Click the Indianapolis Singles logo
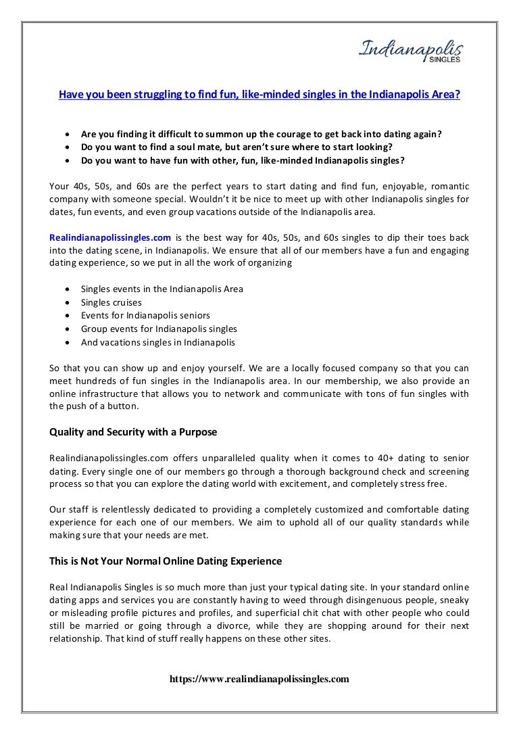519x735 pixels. (x=411, y=51)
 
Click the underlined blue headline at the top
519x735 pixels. (x=259, y=95)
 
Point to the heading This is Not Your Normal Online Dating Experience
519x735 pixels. (x=166, y=561)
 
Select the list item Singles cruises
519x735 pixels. (x=111, y=302)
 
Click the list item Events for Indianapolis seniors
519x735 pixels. (x=145, y=315)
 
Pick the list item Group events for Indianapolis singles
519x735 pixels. (x=159, y=329)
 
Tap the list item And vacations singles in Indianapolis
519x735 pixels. (x=158, y=342)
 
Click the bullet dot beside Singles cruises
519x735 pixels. (x=67, y=302)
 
